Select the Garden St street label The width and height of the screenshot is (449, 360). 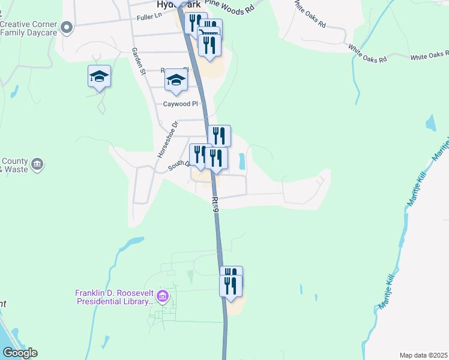139,61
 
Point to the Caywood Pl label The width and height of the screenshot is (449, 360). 180,104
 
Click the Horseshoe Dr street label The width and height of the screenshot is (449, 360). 167,139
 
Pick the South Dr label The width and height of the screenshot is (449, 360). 178,164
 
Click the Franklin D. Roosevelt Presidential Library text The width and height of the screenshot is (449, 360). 114,297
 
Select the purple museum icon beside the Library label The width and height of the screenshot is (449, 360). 162,296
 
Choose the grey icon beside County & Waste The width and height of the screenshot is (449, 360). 37,164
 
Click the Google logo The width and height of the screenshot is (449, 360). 19,353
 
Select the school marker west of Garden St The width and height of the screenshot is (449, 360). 99,77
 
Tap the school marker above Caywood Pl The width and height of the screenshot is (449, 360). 176,80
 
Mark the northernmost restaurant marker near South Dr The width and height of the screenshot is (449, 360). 219,136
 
